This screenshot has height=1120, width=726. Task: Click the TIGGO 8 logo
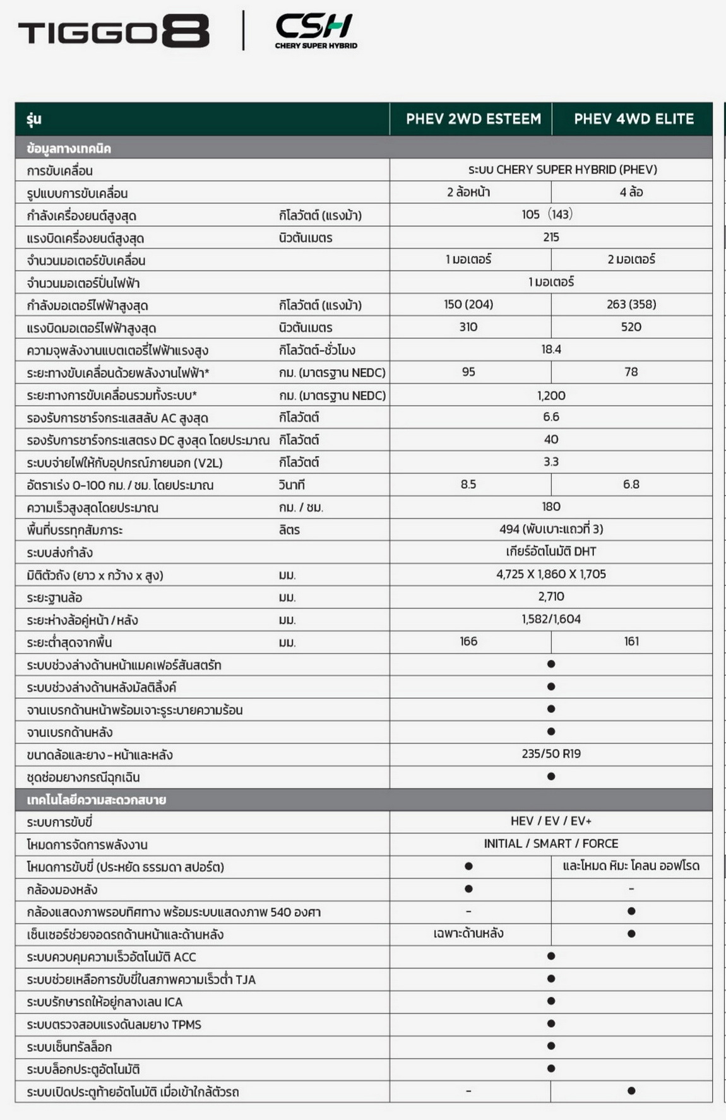114,31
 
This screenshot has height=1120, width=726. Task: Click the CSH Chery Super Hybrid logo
316,31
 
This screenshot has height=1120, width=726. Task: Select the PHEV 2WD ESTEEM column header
473,119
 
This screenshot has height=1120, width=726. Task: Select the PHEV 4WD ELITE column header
633,119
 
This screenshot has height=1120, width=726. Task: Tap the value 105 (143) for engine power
547,215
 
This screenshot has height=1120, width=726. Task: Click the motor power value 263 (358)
631,304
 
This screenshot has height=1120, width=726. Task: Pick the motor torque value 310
468,327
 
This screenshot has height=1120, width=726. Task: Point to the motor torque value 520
631,327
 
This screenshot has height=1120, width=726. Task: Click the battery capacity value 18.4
550,349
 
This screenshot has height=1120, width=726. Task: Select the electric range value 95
468,372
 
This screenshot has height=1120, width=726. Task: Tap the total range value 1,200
550,395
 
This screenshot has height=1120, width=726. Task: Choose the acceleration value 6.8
631,484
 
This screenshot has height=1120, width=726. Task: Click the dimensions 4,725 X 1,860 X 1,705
550,574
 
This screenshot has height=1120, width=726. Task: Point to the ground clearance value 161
631,641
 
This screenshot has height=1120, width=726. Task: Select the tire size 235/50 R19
550,753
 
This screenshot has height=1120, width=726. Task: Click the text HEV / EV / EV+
550,821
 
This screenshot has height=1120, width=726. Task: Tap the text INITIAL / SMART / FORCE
550,844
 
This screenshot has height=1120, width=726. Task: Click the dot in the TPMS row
550,1023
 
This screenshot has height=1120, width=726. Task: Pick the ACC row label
112,957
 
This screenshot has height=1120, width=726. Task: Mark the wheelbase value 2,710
550,596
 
